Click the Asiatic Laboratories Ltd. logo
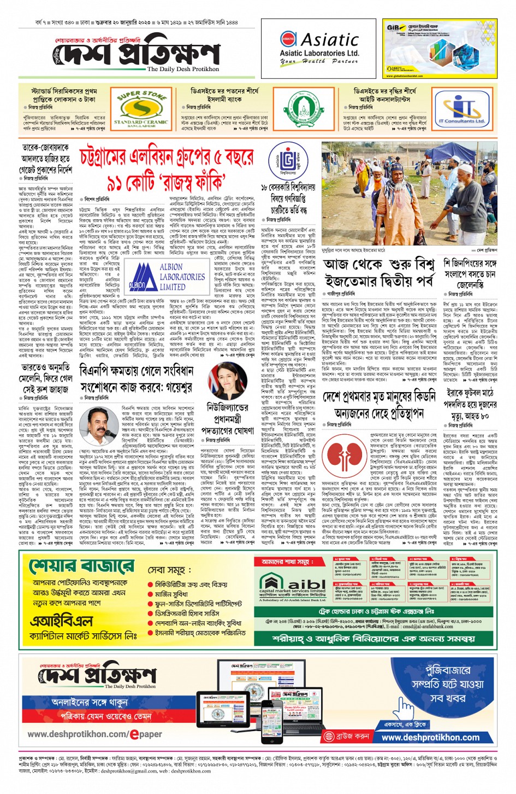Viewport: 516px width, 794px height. click(x=319, y=49)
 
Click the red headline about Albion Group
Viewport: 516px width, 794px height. click(x=167, y=169)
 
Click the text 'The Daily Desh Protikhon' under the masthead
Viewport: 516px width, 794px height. click(x=183, y=69)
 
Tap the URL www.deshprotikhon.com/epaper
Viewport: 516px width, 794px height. click(x=94, y=734)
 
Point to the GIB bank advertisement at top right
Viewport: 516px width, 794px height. click(x=440, y=49)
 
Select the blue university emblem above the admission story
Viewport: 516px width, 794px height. click(x=287, y=161)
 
